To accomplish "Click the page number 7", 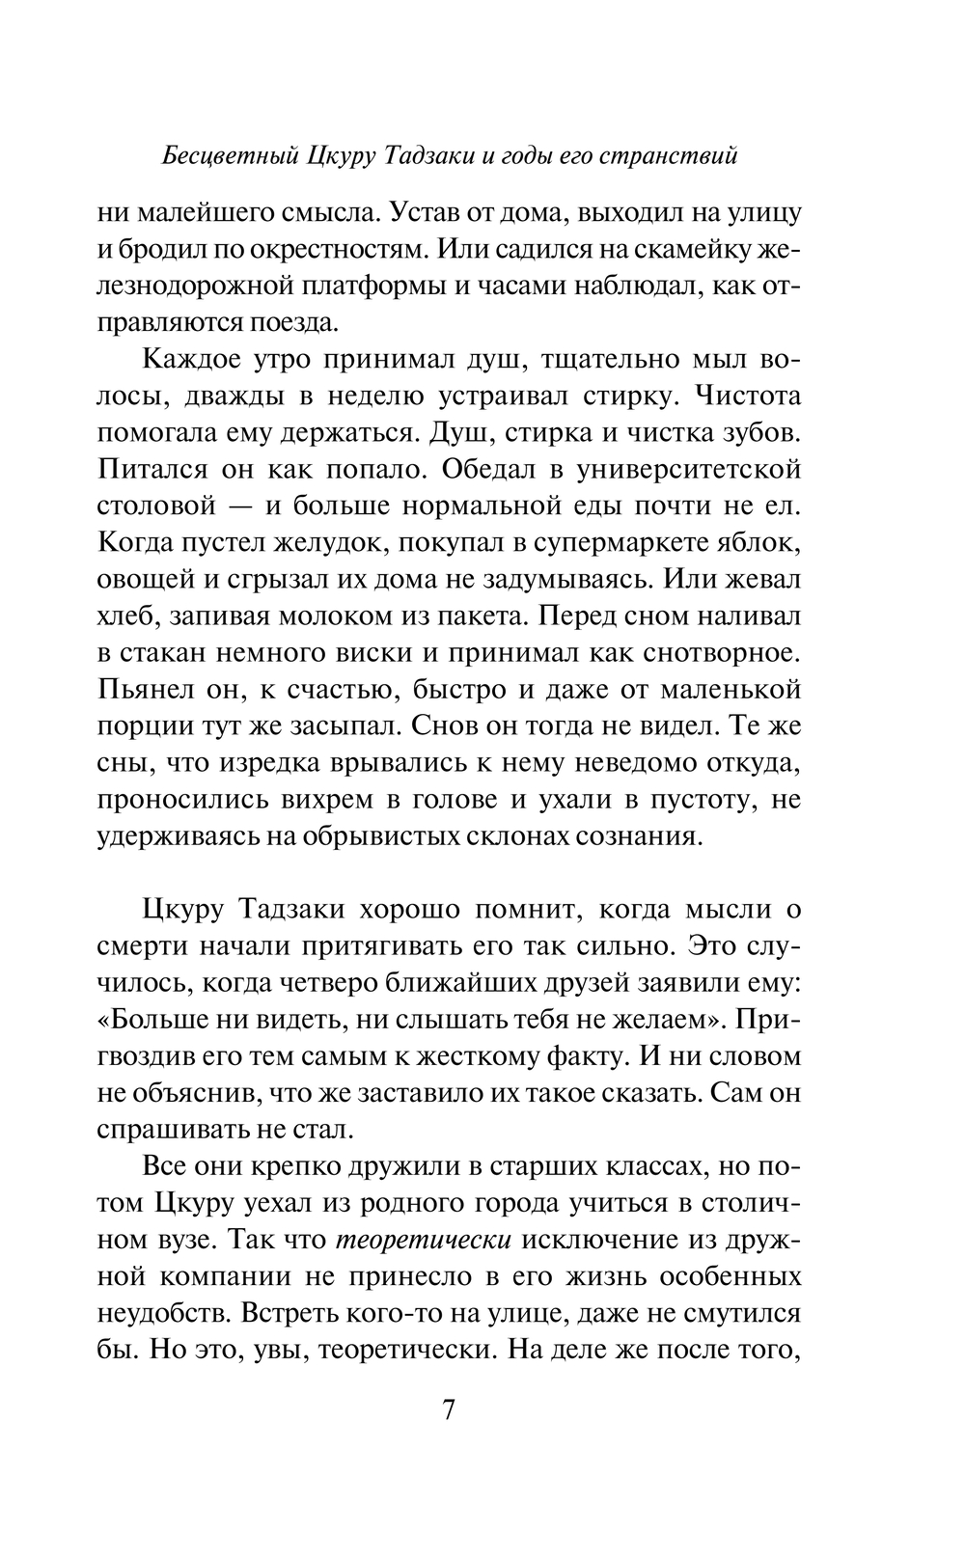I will pos(449,1409).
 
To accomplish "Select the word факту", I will pos(577,1056).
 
